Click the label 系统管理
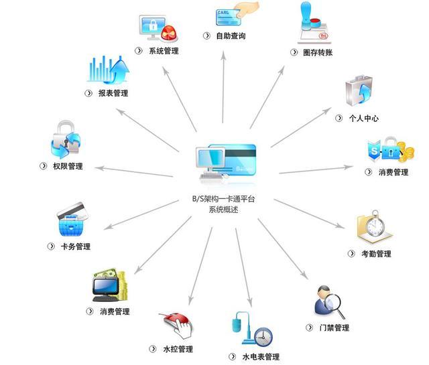coord(164,51)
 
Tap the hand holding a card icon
coord(237,13)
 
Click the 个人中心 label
coord(363,118)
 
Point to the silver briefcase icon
coord(359,91)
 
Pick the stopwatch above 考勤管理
coord(375,224)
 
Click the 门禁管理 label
coord(334,327)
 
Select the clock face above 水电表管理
coord(263,337)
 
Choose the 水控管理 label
coord(178,349)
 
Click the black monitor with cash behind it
coord(106,288)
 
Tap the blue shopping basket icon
coord(71,226)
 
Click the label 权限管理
coord(68,166)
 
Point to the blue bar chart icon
coord(108,70)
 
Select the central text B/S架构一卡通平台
coord(223,199)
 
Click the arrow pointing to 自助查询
coord(223,87)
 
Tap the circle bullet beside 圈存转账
coord(294,52)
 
